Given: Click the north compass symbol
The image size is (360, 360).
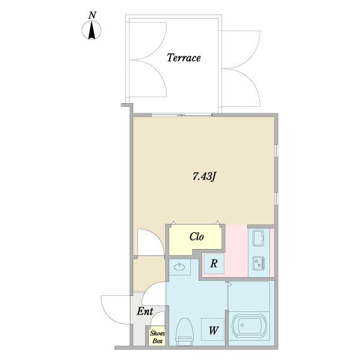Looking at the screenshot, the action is coord(91,30).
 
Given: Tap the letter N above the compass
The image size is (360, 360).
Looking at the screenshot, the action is coord(92,15).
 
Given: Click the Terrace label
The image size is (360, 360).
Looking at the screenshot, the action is coord(184,58).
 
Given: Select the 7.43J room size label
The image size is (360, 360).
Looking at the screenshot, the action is coord(204,176).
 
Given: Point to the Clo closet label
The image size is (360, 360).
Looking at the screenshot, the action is coord(197,236).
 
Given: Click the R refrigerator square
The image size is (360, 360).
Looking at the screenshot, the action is coord(214,263).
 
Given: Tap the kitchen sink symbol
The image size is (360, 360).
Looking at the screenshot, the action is coord(258,238).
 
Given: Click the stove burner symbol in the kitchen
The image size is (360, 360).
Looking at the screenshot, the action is coord(259,263).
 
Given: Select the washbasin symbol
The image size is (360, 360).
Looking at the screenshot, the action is coord(180,267).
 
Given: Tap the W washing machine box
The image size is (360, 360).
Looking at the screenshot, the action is coord(213,329).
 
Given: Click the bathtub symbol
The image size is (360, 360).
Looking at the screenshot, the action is coord(250,326).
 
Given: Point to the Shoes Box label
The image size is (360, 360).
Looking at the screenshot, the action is coord(157,337).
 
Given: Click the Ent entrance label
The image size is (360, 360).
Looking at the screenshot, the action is coord(145,311).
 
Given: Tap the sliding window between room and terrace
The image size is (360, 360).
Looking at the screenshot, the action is coord(181,115).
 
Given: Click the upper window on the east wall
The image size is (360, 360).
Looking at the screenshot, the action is coord(277,151).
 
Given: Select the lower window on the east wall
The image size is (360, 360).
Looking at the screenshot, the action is coord(277,199).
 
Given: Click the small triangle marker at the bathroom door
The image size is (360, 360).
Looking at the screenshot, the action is coord(230,284).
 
